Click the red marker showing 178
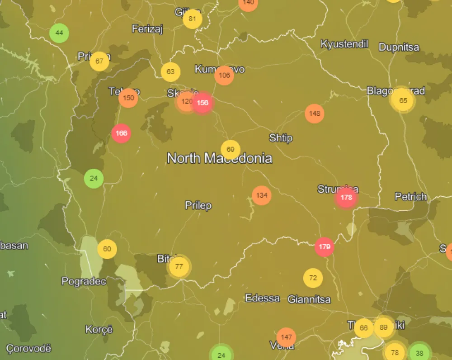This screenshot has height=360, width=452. (346, 198)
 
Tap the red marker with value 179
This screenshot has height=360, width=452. (325, 247)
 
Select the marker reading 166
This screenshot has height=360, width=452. (121, 133)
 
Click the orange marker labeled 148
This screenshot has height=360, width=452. (315, 113)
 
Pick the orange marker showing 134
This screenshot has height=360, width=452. (262, 195)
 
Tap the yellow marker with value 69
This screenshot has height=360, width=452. (231, 150)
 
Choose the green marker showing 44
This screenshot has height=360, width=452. (59, 33)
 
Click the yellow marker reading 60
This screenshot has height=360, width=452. (107, 249)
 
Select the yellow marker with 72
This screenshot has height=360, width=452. (313, 278)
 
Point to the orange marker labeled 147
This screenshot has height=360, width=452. (286, 337)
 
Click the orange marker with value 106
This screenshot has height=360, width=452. (224, 75)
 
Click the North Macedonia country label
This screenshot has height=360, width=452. (219, 158)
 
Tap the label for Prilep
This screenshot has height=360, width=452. (198, 205)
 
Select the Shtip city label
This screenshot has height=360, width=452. (281, 138)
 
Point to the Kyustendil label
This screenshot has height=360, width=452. (344, 44)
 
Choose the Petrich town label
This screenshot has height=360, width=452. (410, 197)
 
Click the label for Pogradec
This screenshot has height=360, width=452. (84, 281)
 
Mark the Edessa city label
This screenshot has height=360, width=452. (262, 298)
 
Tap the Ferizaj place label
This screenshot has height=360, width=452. (147, 29)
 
